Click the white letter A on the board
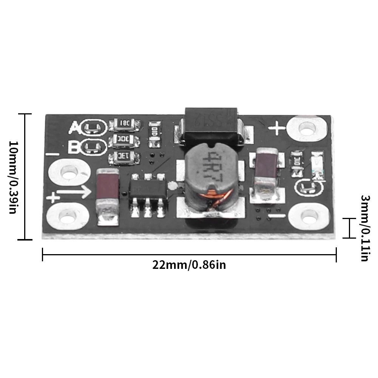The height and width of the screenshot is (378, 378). point(75,128)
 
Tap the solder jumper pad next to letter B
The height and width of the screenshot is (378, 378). point(92,147)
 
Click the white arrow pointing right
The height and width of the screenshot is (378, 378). point(75,192)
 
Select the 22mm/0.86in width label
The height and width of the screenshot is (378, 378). point(189,265)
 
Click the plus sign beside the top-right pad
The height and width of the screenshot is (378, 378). point(277,129)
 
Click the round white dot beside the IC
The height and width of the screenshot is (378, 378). point(173,186)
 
